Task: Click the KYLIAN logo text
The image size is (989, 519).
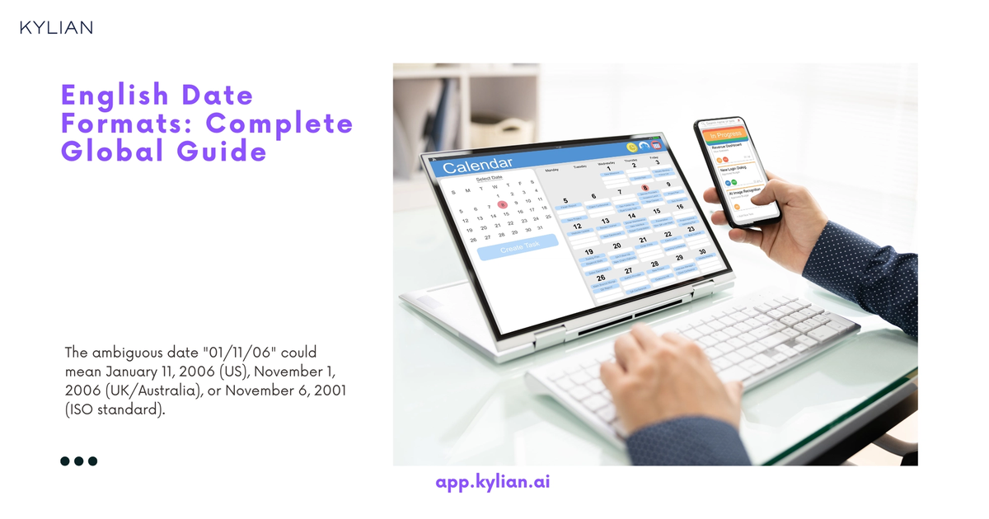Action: point(56,27)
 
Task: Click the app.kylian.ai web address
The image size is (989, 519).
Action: point(492,481)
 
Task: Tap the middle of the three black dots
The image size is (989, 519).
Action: point(79,461)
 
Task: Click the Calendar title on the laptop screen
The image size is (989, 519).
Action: point(477,166)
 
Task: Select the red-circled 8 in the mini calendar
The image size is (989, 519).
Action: point(502,203)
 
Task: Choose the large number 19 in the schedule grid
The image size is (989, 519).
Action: point(588,252)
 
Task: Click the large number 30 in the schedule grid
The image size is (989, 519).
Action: point(701,251)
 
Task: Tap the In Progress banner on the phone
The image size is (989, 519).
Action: point(725,134)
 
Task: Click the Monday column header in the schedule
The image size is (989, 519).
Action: point(551,169)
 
